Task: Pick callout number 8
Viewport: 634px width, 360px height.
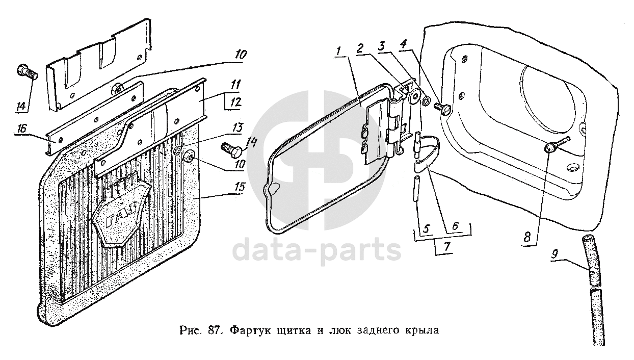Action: [527, 237]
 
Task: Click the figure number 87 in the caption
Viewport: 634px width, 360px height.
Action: [213, 330]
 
